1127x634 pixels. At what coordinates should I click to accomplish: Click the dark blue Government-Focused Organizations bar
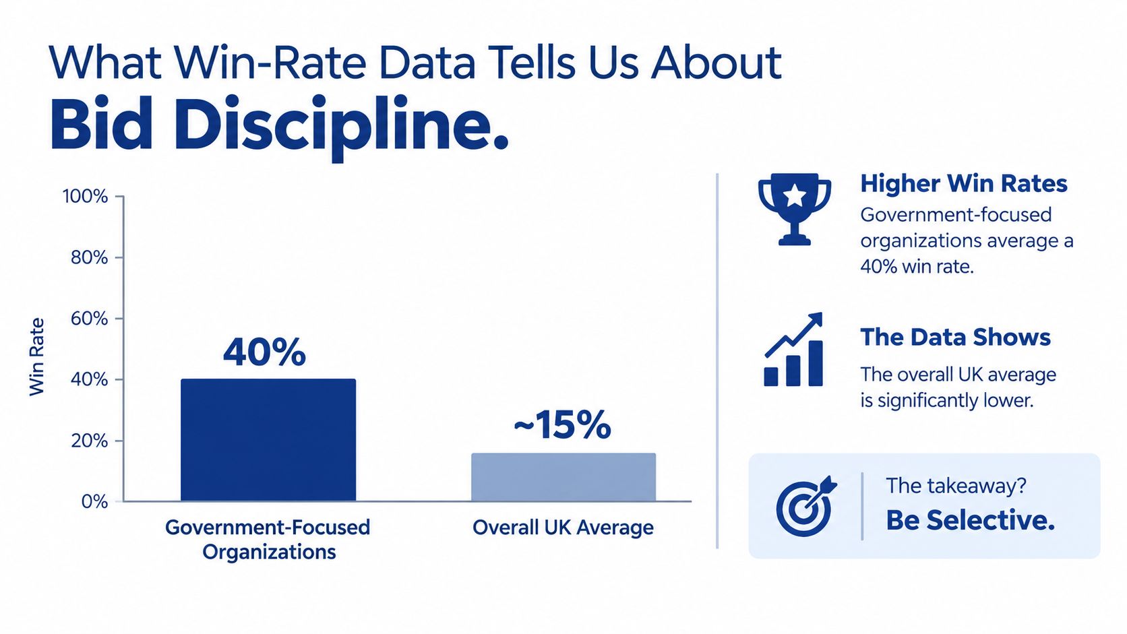pos(268,440)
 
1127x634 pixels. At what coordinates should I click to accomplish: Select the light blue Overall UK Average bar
pos(563,477)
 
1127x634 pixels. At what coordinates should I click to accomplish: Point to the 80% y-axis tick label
pos(89,258)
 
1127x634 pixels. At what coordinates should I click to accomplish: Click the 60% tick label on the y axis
pos(89,319)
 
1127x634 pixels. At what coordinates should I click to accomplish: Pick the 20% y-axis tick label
pos(89,441)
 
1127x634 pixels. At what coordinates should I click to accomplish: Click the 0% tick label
pos(94,502)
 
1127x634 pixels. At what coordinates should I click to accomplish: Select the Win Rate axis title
pos(36,357)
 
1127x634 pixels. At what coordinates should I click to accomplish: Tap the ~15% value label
pos(563,425)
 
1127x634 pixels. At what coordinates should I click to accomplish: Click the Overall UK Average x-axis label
pos(563,528)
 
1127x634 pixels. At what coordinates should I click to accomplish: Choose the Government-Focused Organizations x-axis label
pos(268,540)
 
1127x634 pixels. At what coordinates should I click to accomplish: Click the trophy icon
pos(795,209)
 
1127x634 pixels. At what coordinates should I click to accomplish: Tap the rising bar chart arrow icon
pos(793,350)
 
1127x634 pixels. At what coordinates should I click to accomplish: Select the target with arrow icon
pos(805,506)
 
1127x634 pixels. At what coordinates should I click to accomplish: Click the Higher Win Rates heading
pos(963,183)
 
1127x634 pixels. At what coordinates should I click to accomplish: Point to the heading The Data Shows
pos(955,338)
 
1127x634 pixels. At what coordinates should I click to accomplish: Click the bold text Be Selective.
pos(970,520)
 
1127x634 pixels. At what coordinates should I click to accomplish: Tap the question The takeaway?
pos(955,486)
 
